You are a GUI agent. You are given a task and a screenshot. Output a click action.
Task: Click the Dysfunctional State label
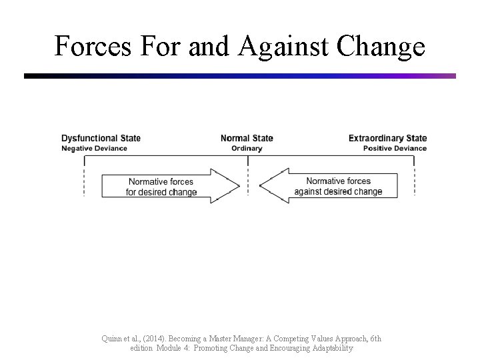(x=101, y=139)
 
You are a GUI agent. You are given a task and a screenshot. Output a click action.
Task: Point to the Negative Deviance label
(x=94, y=148)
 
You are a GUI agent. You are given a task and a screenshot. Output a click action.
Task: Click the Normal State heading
(x=247, y=139)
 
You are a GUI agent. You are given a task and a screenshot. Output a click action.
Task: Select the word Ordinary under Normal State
(x=247, y=148)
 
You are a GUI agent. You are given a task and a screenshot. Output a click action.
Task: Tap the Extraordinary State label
(x=387, y=139)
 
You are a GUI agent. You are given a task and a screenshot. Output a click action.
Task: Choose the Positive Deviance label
(x=395, y=148)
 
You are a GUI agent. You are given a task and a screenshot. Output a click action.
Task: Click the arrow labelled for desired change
(x=167, y=186)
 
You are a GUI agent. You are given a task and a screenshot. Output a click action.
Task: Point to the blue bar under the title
(x=240, y=76)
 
